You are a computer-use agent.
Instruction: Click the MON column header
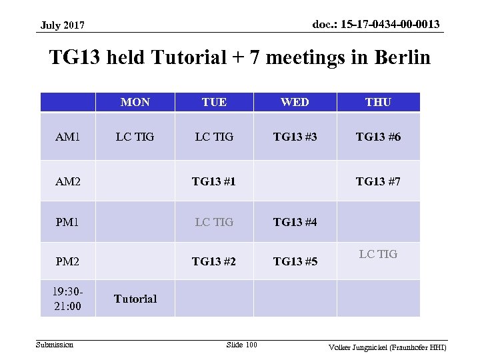pos(135,102)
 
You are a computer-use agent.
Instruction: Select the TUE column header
pos(214,102)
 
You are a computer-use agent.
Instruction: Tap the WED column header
pos(295,102)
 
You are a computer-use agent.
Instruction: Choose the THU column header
pos(378,102)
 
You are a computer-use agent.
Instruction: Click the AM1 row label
pos(68,137)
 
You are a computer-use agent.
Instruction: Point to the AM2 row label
pos(68,181)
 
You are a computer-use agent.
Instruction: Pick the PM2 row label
pos(68,261)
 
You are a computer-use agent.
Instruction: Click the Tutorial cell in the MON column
pos(135,299)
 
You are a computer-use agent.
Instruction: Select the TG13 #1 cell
pos(214,181)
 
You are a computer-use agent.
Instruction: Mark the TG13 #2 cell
pos(214,261)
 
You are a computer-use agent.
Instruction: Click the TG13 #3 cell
pos(295,137)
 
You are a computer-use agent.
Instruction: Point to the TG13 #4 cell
pos(295,222)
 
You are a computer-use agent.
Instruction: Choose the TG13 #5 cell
pos(295,261)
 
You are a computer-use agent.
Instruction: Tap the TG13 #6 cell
pos(378,137)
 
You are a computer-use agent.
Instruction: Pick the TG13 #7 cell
pos(378,181)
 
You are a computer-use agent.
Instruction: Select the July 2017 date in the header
pos(62,25)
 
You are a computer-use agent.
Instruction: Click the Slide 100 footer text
pos(241,344)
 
